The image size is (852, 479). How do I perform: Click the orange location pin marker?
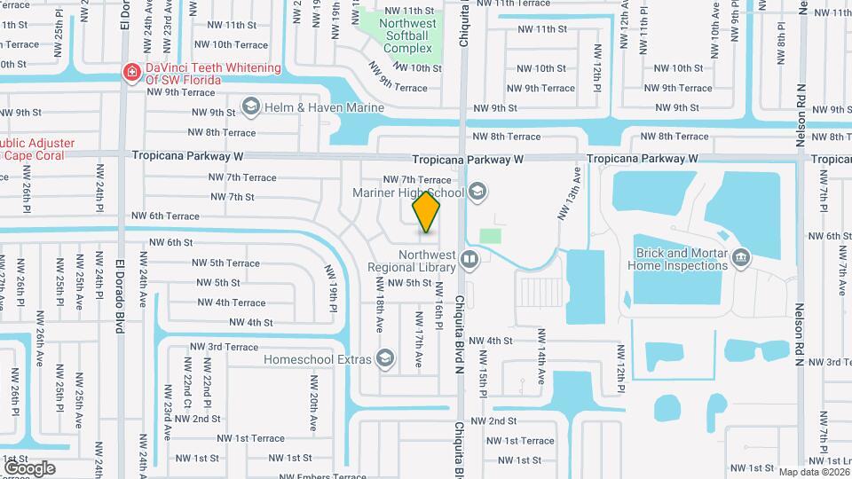pos(427,211)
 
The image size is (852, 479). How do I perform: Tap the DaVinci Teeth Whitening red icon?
pos(131,71)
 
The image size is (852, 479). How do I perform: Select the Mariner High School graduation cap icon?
pos(477,191)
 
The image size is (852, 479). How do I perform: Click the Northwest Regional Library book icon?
pos(469,260)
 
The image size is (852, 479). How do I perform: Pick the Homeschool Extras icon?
pos(385,358)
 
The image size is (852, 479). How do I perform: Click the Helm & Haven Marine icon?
pos(251,107)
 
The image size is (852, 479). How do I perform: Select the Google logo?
pos(29,467)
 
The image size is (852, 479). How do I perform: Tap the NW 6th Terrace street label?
pos(166,216)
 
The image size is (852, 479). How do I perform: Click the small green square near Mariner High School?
pos(490,236)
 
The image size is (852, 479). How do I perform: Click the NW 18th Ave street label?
pos(379,314)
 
